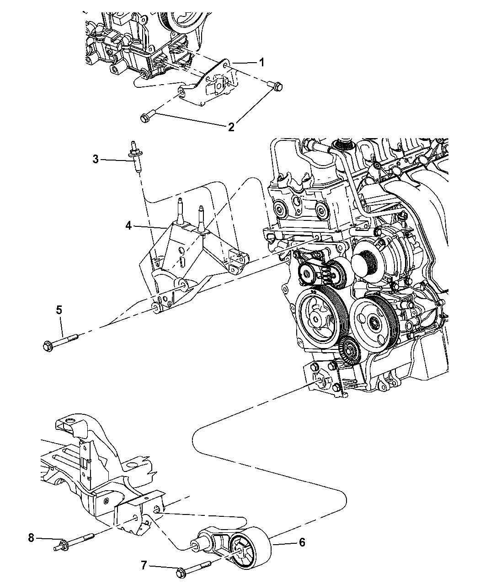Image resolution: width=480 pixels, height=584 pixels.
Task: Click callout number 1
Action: tap(262, 63)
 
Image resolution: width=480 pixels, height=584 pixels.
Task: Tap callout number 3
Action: tap(96, 159)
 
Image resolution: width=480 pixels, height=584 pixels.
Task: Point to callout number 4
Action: tap(129, 225)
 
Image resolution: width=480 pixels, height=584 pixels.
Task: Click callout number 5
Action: tap(59, 310)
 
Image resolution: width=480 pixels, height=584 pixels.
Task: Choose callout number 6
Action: tap(302, 542)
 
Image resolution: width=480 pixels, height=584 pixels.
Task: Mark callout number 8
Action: tap(31, 538)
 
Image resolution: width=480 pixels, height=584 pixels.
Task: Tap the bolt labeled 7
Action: tap(194, 567)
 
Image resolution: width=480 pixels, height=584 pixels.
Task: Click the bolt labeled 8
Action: tap(76, 541)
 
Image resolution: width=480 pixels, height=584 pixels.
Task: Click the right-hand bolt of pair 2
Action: tap(276, 86)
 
